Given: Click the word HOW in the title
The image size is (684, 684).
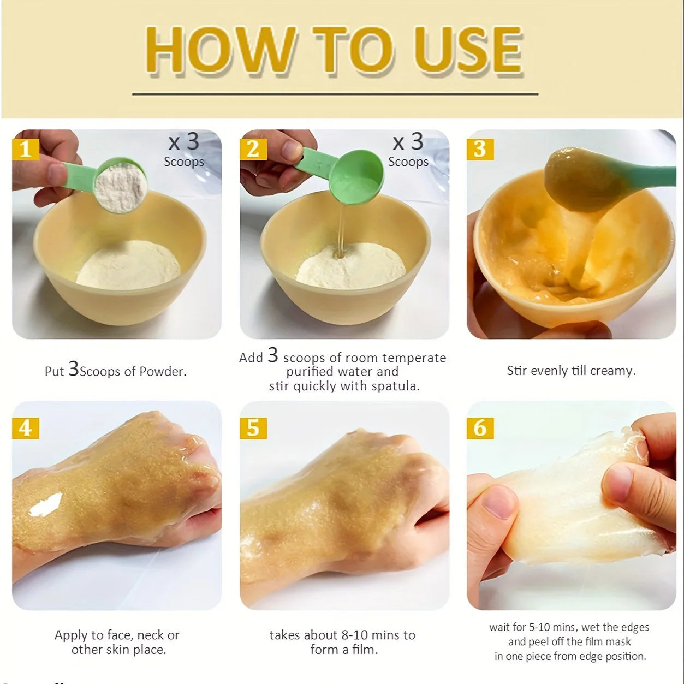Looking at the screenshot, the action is pyautogui.click(x=220, y=50).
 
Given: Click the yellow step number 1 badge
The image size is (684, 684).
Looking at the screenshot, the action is pyautogui.click(x=26, y=149).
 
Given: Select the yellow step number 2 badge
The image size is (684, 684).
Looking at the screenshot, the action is pyautogui.click(x=253, y=149).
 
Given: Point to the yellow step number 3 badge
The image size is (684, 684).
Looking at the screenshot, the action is pyautogui.click(x=480, y=149).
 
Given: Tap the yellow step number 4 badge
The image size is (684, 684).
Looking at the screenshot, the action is pyautogui.click(x=26, y=428).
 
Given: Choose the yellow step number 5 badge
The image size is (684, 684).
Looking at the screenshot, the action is pyautogui.click(x=253, y=428).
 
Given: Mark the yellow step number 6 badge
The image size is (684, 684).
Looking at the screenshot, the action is pyautogui.click(x=480, y=428).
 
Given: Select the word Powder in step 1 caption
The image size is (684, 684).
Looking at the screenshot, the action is pyautogui.click(x=163, y=371).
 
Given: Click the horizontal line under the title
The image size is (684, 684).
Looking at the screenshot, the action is pyautogui.click(x=335, y=94).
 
